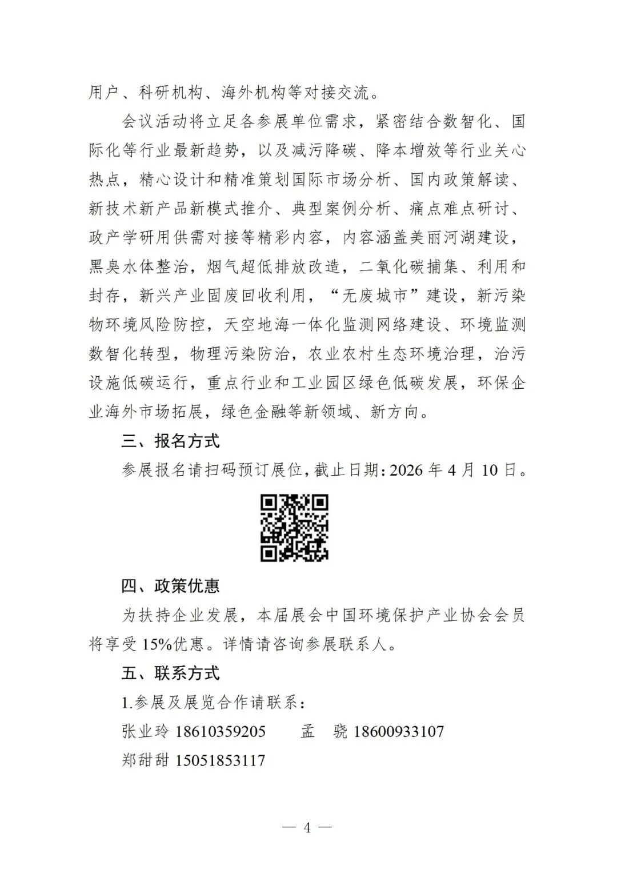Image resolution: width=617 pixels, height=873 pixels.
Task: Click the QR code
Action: click(x=294, y=528)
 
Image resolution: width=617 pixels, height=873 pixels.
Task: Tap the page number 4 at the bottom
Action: click(x=307, y=827)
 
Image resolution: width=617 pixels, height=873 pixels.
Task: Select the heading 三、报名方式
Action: click(x=170, y=441)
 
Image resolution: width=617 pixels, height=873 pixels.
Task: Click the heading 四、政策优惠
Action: click(x=170, y=586)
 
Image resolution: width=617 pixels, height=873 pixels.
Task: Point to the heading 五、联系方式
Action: click(x=170, y=673)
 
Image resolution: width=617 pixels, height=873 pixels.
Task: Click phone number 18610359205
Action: click(x=221, y=731)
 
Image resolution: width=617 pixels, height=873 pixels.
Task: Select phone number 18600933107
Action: click(x=399, y=731)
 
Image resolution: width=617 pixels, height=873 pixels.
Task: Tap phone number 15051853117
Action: click(x=221, y=760)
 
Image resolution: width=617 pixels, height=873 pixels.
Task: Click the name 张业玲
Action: click(x=146, y=731)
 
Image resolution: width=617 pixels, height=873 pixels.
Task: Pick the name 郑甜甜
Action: click(x=146, y=760)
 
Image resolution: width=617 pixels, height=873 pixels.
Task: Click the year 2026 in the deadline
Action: click(x=407, y=470)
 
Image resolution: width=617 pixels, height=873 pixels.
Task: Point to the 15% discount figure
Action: click(x=157, y=644)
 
